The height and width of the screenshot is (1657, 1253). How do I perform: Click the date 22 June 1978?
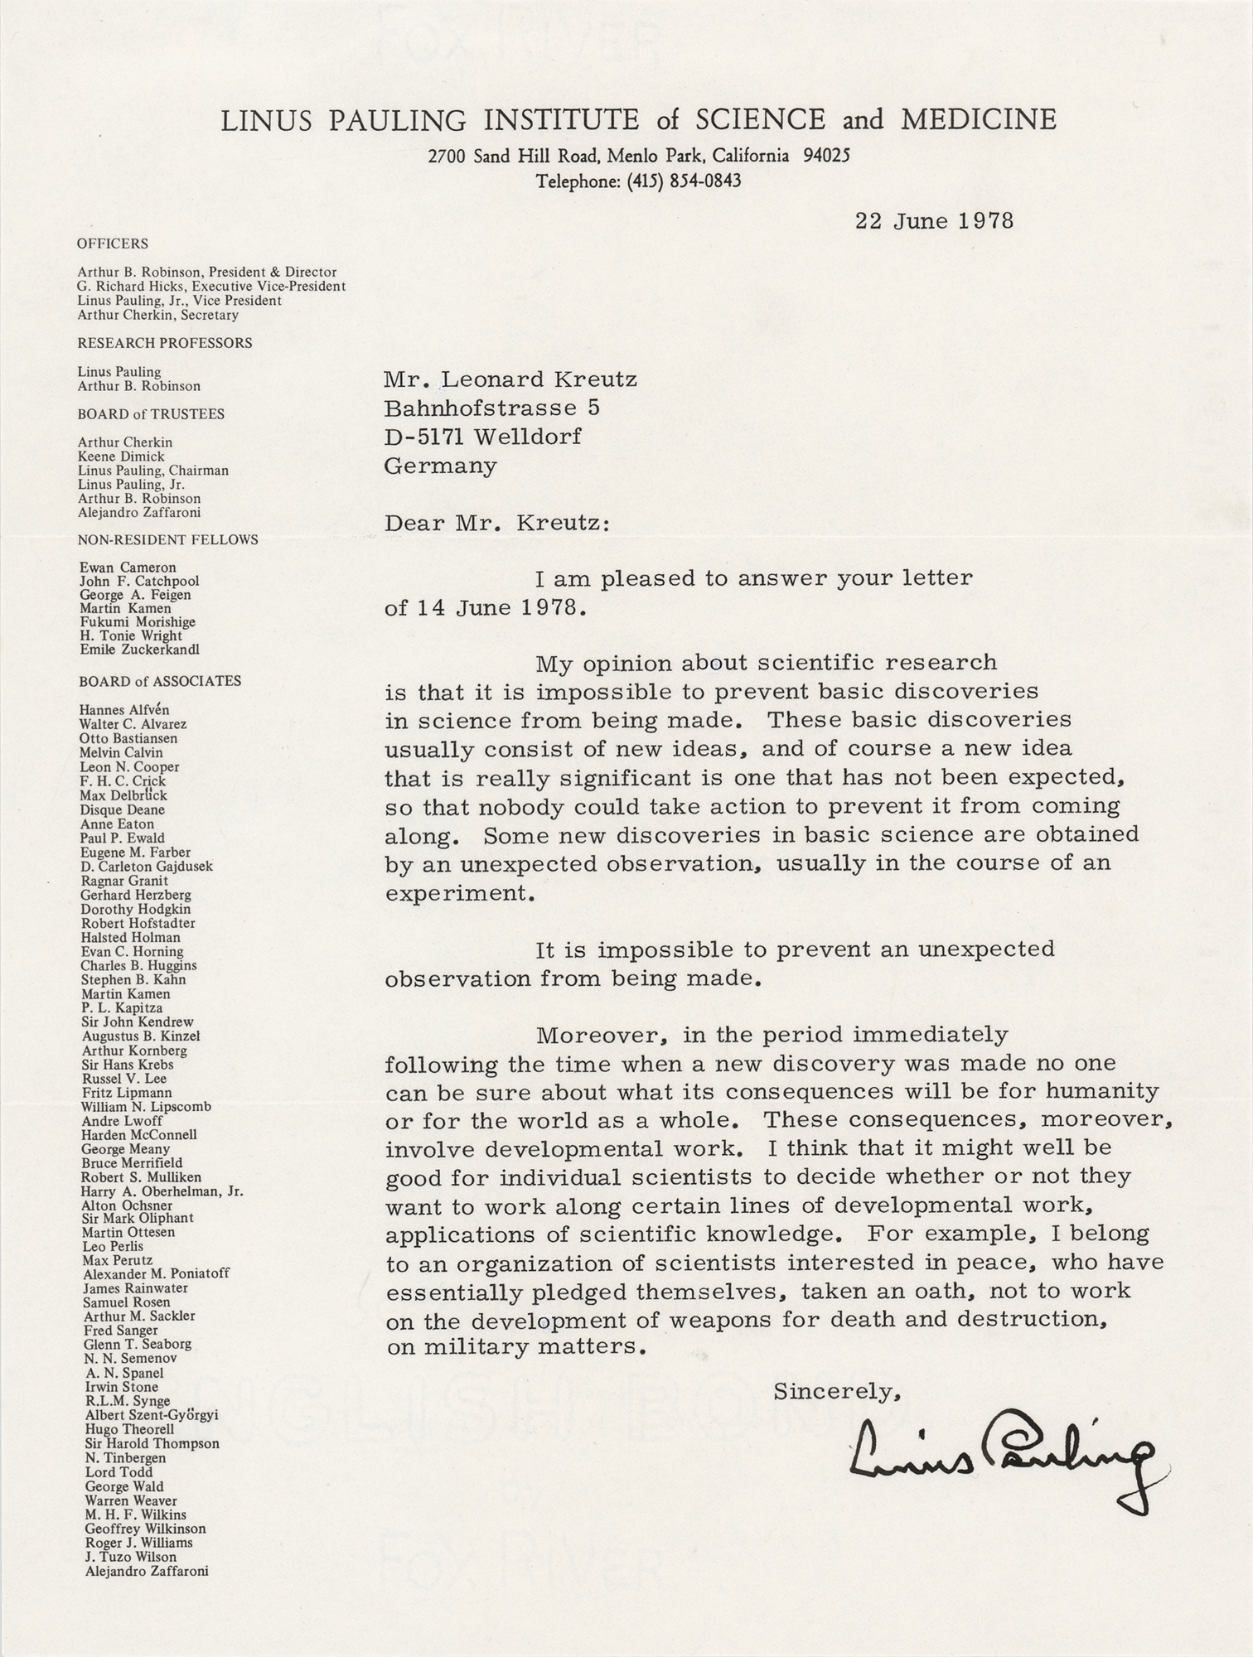coord(934,221)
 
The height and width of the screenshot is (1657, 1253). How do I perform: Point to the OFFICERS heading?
coord(113,244)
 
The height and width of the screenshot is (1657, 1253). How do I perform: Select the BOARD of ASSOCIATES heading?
coord(160,681)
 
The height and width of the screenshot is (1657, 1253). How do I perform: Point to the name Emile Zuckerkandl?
coord(140,650)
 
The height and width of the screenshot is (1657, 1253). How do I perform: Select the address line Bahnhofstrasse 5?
coord(492,408)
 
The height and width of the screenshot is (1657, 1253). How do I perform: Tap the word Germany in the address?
coord(440,466)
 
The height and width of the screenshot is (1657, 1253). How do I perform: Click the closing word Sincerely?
coord(837,1392)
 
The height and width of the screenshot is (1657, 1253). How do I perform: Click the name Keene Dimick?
coord(121,457)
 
